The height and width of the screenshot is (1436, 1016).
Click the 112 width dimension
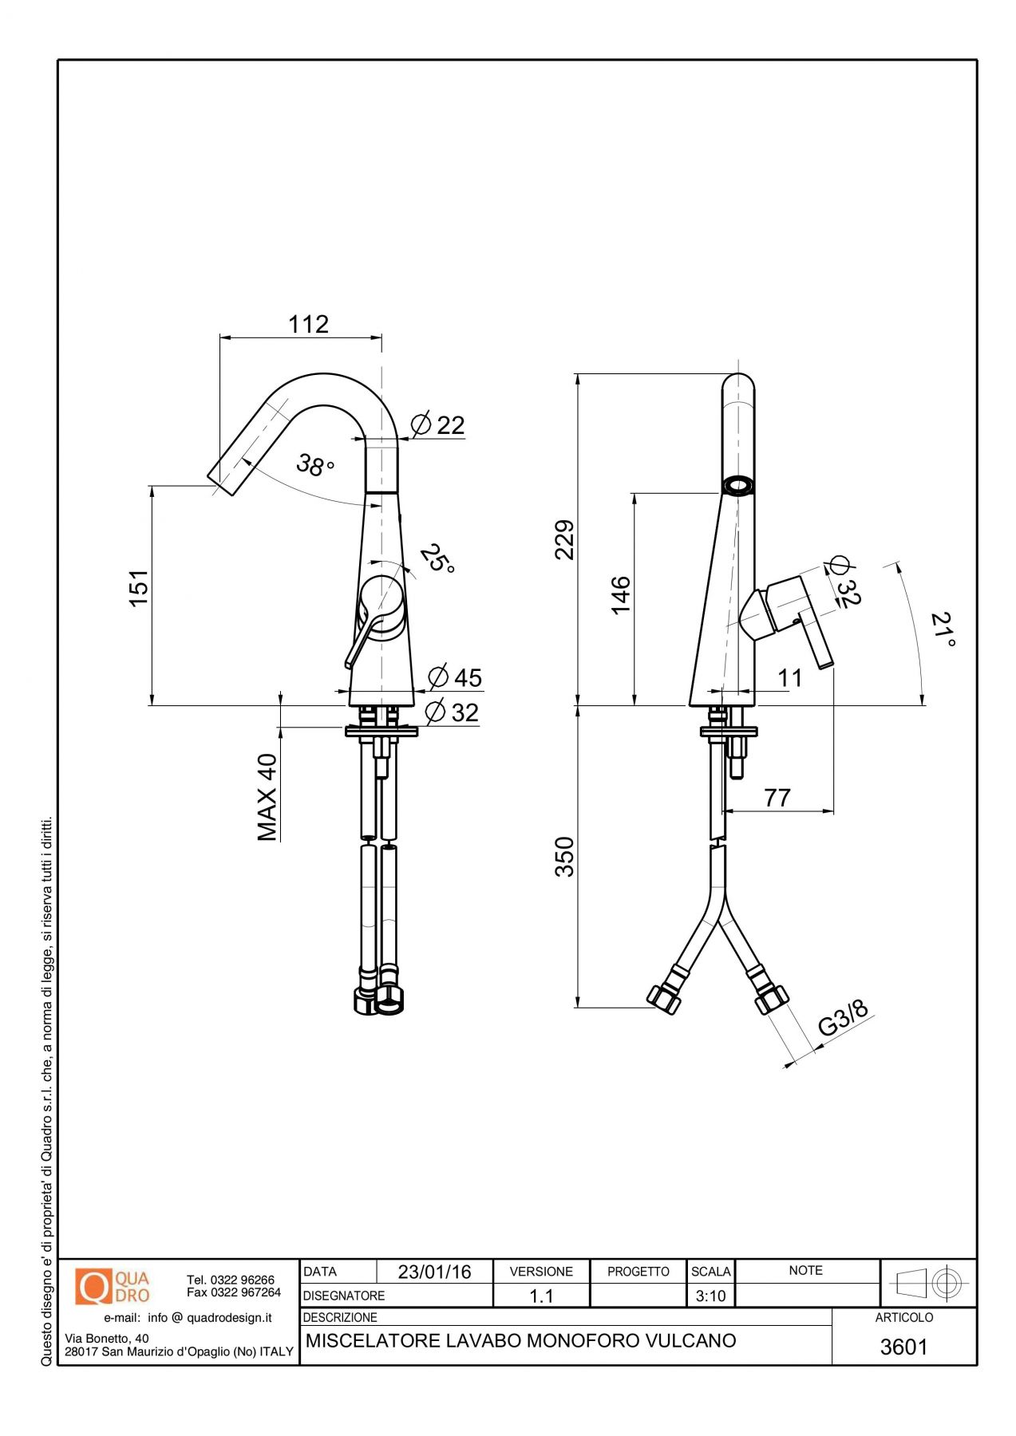[x=308, y=324]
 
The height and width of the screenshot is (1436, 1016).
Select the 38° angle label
[x=314, y=464]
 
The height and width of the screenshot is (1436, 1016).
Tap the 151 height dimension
[x=139, y=588]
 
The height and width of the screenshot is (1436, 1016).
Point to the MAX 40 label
[x=268, y=797]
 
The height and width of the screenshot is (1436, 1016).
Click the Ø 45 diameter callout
[x=455, y=677]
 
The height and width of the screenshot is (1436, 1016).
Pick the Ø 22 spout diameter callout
[x=437, y=425]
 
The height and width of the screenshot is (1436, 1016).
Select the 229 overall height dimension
[x=564, y=539]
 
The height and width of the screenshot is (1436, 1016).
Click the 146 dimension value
[x=620, y=594]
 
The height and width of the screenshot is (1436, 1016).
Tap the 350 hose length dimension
[x=564, y=856]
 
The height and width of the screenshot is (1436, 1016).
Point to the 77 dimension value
[x=777, y=797]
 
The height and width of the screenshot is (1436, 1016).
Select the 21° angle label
[x=943, y=629]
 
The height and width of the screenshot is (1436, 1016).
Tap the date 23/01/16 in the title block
[x=434, y=1272]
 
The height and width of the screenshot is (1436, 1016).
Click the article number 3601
[x=903, y=1347]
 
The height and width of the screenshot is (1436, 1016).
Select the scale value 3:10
[x=710, y=1296]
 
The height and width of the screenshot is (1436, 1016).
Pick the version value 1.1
[x=541, y=1296]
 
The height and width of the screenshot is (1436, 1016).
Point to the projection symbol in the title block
[x=929, y=1283]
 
